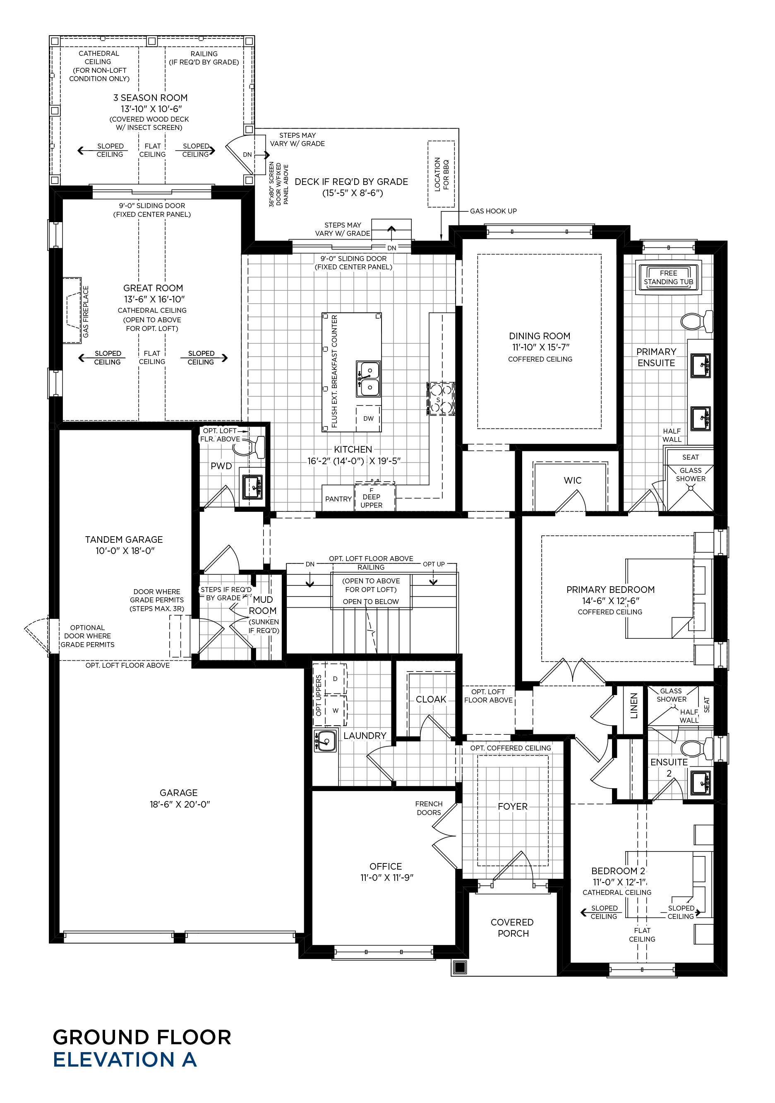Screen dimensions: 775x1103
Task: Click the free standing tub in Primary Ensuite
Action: pyautogui.click(x=668, y=277)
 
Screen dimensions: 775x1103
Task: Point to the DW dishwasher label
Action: pyautogui.click(x=369, y=418)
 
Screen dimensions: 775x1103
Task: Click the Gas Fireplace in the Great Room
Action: pyautogui.click(x=72, y=310)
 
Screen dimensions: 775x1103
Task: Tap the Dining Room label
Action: pyautogui.click(x=540, y=336)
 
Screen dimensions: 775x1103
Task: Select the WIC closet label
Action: pyautogui.click(x=572, y=480)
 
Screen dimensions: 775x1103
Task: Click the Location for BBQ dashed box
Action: pyautogui.click(x=441, y=174)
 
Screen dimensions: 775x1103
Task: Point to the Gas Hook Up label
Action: pyautogui.click(x=494, y=211)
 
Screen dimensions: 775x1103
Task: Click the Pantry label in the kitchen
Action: pyautogui.click(x=338, y=499)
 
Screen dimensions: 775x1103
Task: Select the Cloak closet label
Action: pyautogui.click(x=431, y=700)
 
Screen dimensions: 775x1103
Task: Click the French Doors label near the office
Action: pyautogui.click(x=429, y=808)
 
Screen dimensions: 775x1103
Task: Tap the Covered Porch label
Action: pyautogui.click(x=512, y=928)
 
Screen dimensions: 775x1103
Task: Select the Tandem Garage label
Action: pyautogui.click(x=124, y=540)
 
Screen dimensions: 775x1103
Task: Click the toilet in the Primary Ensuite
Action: pyautogui.click(x=697, y=321)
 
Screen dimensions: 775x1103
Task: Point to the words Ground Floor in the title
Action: pyautogui.click(x=142, y=1037)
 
